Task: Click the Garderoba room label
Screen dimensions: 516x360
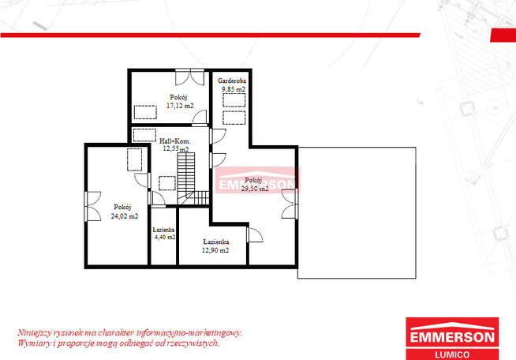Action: click(232, 81)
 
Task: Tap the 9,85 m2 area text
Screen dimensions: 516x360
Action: click(234, 89)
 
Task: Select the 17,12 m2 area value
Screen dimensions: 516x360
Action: click(180, 106)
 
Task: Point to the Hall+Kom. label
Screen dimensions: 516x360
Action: click(174, 141)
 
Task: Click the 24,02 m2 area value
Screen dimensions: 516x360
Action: click(125, 216)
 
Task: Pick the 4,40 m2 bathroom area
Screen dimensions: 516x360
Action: click(165, 237)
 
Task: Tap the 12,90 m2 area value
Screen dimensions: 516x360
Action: click(215, 250)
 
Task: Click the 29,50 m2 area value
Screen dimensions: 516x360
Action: click(255, 189)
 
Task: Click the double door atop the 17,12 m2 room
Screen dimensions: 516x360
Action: click(190, 77)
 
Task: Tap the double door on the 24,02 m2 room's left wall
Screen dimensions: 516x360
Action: click(93, 206)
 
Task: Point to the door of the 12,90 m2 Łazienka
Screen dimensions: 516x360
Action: click(255, 234)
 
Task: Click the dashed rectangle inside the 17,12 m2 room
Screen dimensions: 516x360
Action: click(145, 112)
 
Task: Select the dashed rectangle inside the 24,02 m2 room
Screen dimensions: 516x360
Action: click(135, 159)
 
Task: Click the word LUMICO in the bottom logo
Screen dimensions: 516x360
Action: click(452, 354)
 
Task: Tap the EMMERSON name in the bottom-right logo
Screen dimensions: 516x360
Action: click(452, 337)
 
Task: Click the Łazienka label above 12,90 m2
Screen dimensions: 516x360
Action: click(216, 242)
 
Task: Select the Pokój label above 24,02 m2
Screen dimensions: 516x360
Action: click(122, 207)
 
